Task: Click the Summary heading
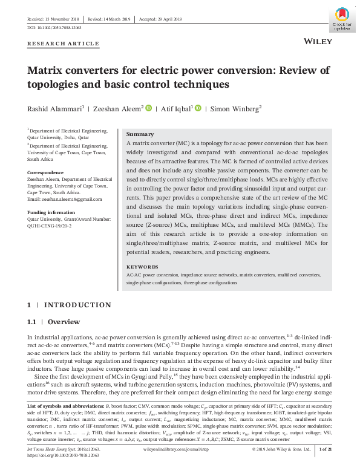[140, 134]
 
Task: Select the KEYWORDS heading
[142, 267]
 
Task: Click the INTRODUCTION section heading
[77, 305]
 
